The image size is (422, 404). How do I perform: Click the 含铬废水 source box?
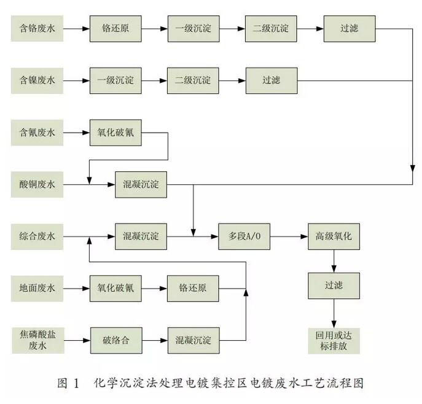click(37, 29)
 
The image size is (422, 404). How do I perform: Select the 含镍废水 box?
click(37, 80)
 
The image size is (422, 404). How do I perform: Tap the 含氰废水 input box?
click(37, 133)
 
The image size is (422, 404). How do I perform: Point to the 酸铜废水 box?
click(37, 185)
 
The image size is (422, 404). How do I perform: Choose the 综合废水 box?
click(37, 236)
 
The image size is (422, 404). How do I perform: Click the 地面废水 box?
click(37, 289)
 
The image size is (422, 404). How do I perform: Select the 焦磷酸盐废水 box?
click(37, 340)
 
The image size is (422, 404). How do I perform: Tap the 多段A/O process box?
click(244, 236)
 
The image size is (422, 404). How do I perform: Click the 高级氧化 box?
click(334, 236)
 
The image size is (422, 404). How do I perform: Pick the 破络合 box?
click(115, 340)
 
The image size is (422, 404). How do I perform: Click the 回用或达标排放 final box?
click(334, 340)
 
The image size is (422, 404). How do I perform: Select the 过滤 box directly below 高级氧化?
click(334, 286)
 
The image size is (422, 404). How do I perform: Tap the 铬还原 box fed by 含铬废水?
click(115, 29)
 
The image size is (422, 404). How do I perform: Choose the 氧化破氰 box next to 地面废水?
click(115, 289)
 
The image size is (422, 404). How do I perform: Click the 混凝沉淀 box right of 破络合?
click(193, 340)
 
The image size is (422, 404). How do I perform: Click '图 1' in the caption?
click(68, 384)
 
